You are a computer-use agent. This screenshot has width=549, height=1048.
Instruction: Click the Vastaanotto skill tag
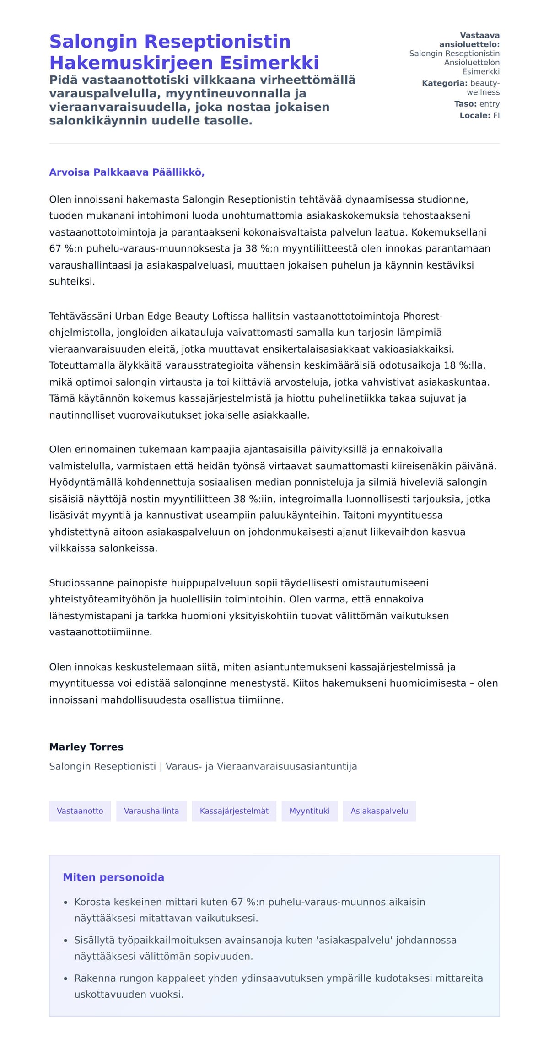[80, 811]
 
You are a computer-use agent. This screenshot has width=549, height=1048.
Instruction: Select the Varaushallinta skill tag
[151, 811]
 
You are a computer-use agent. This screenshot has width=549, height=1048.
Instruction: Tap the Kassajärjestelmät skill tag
[234, 811]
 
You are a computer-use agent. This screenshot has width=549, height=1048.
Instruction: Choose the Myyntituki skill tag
[309, 811]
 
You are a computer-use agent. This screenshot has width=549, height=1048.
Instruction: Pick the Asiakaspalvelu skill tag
[379, 811]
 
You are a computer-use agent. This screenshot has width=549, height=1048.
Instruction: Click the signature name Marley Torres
[86, 747]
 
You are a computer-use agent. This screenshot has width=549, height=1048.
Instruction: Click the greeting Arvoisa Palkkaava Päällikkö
[127, 172]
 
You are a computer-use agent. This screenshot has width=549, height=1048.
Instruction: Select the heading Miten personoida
[113, 877]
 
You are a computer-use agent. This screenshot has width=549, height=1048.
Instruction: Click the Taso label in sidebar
[465, 104]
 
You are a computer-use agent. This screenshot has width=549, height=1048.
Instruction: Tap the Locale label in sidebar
[475, 115]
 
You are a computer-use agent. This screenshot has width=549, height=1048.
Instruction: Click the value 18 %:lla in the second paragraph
[465, 365]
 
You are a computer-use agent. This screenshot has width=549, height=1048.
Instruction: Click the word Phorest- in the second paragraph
[423, 316]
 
